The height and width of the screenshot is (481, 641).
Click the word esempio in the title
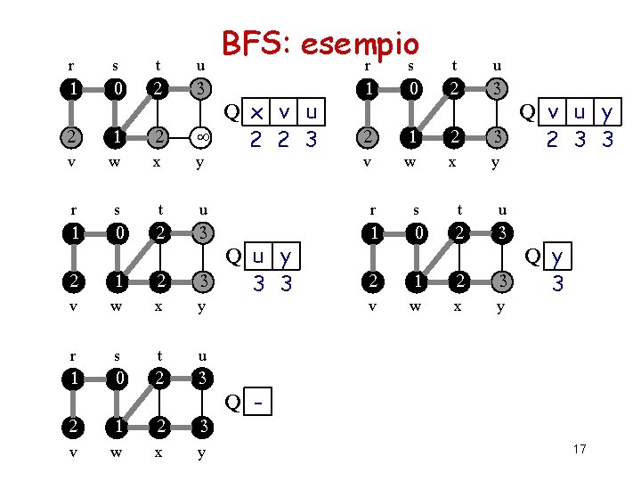pos(359,44)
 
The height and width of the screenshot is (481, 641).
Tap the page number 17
pos(580,448)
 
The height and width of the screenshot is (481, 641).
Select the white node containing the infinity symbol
pos(202,136)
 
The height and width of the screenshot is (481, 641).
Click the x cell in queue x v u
pos(257,112)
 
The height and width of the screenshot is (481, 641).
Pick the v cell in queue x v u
pos(285,112)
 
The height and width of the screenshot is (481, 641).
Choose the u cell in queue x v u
pos(311,112)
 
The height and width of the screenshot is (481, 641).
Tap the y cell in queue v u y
pos(606,112)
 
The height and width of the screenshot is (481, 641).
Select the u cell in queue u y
pos(257,258)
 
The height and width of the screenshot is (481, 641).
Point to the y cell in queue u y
pos(286,258)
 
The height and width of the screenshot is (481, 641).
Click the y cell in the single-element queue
pos(558,258)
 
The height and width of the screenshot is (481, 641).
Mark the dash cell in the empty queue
pos(257,404)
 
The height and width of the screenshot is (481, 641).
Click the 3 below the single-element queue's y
pos(558,285)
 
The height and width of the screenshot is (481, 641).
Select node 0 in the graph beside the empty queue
pos(116,378)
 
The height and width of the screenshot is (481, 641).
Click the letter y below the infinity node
pos(202,163)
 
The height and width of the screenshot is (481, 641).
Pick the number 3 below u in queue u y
pos(258,285)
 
